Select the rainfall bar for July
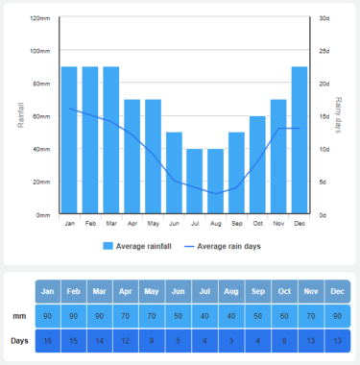pos(195,182)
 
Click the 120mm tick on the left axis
pos(39,18)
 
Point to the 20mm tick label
pos(41,182)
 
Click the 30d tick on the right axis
pos(324,18)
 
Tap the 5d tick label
pos(324,182)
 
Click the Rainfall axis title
pos(21,116)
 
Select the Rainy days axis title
pos(339,116)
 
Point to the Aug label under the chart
pos(215,223)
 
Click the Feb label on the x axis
pos(90,223)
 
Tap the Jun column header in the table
pos(177,291)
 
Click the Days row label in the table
pos(19,340)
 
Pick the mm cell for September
pos(256,315)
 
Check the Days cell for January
pos(48,340)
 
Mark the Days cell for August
pos(230,340)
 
